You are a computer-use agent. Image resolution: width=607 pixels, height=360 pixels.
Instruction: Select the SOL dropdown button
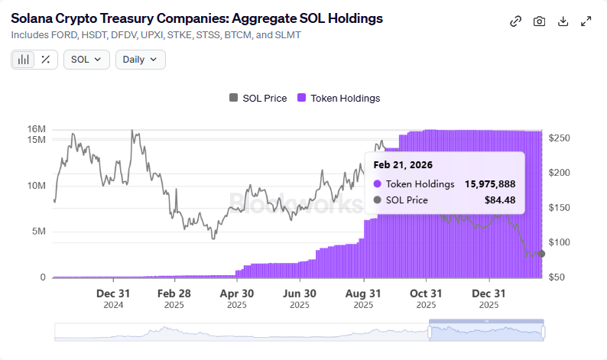tap(86, 60)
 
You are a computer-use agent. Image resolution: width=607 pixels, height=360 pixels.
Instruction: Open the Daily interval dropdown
tap(140, 60)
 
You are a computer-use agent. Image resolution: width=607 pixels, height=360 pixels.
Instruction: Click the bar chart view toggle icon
tap(24, 60)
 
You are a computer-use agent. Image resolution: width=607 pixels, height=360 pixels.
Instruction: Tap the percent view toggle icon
tap(46, 60)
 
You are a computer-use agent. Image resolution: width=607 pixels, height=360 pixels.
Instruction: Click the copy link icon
tap(515, 21)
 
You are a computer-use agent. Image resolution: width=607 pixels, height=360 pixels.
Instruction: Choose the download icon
tap(563, 21)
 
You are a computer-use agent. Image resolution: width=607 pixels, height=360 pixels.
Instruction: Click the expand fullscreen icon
tap(586, 21)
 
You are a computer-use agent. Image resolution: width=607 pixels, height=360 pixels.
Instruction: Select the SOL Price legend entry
tap(258, 98)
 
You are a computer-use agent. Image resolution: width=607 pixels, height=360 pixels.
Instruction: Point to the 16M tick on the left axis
tap(36, 128)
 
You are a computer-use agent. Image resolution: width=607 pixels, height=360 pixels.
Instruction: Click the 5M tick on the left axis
tap(38, 232)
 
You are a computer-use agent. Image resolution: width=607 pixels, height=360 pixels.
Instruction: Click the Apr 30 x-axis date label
tap(236, 294)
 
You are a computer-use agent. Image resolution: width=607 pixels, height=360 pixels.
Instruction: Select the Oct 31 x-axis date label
tap(426, 294)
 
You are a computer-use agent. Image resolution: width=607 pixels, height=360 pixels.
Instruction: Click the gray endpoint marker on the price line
tap(541, 254)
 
